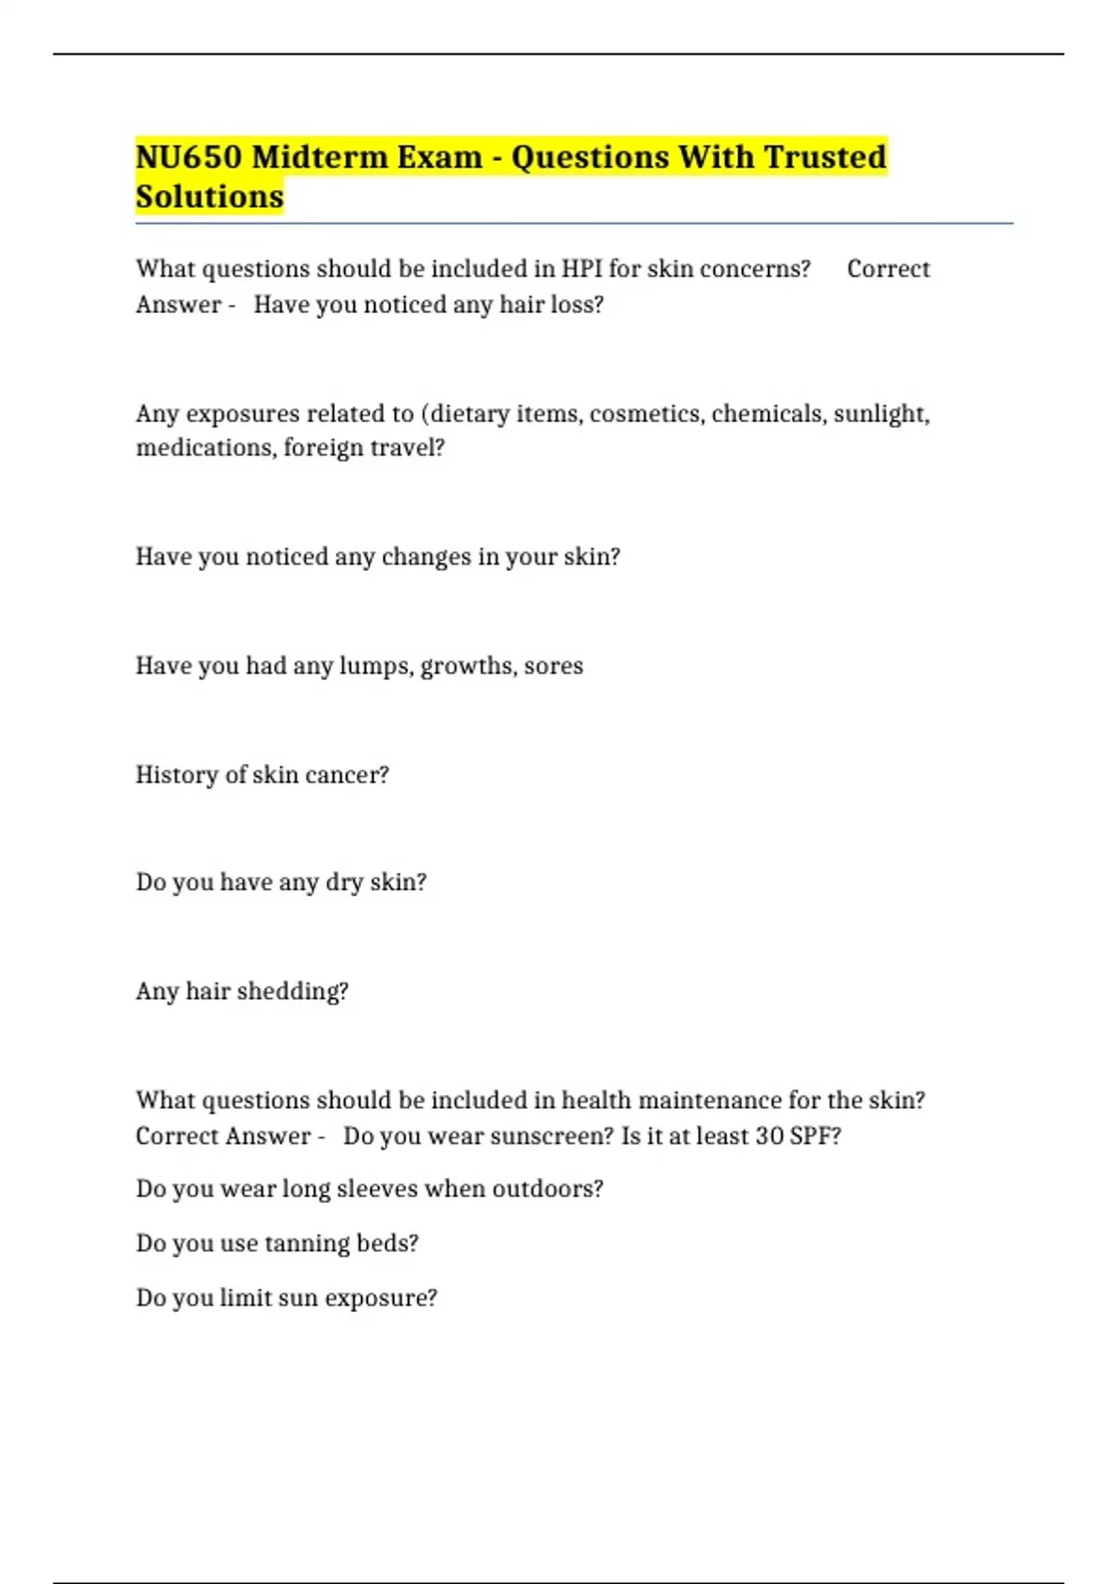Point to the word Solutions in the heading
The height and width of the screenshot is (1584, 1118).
click(210, 197)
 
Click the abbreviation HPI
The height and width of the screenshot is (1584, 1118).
click(580, 268)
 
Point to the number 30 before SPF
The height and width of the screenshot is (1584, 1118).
click(770, 1137)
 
